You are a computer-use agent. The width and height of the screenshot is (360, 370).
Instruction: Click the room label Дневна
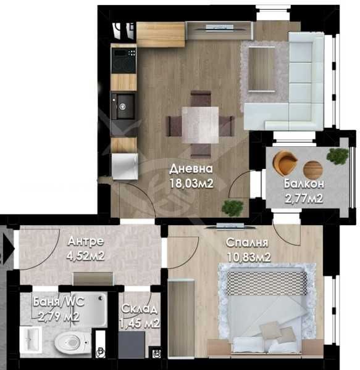pyautogui.click(x=191, y=169)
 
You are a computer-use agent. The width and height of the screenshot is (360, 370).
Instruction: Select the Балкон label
pyautogui.click(x=304, y=184)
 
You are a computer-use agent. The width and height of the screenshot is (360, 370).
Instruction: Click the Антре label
pyautogui.click(x=85, y=240)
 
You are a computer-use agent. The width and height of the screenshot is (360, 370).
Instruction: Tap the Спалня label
pyautogui.click(x=247, y=242)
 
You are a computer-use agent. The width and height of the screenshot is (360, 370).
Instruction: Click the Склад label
pyautogui.click(x=139, y=309)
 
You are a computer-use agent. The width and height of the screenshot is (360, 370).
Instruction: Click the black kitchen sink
pyautogui.click(x=122, y=105)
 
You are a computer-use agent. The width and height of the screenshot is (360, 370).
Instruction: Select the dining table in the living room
pyautogui.click(x=200, y=120)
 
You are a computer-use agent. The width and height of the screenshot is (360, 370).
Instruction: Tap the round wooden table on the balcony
pyautogui.click(x=313, y=167)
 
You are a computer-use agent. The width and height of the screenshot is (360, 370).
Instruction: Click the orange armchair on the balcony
pyautogui.click(x=285, y=162)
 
